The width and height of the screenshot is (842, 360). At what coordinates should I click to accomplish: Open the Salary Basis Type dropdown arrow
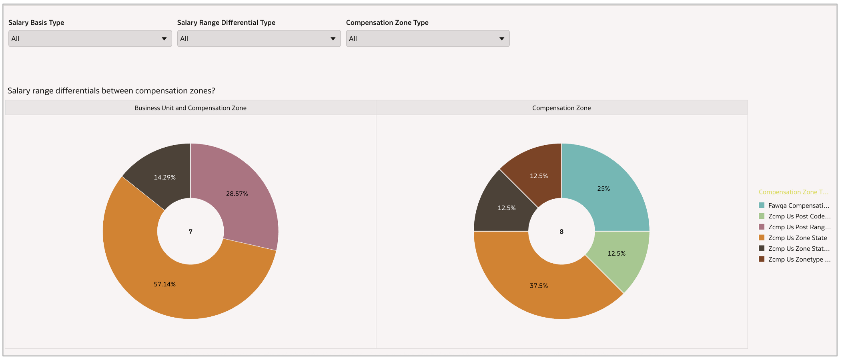[x=164, y=39]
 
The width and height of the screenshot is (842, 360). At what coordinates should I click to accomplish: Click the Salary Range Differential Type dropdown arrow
[x=333, y=39]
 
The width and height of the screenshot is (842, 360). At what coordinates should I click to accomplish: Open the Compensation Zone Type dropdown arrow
[x=502, y=39]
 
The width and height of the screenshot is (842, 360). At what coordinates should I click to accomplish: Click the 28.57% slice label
[x=237, y=194]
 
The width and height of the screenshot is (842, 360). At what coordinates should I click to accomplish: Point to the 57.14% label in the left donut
[x=164, y=284]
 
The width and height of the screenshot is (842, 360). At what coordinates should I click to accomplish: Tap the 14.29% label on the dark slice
[x=164, y=177]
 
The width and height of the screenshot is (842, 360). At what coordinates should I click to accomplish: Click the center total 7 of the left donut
[x=190, y=232]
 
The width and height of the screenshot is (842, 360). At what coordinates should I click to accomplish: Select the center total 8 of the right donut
[x=561, y=232]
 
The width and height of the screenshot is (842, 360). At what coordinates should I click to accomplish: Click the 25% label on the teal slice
[x=603, y=189]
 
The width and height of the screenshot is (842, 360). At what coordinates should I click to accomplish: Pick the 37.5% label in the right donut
[x=539, y=286]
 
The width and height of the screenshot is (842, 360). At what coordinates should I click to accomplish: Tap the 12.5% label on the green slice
[x=616, y=253]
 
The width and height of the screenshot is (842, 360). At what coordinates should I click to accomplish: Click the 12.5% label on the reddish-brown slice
[x=539, y=176]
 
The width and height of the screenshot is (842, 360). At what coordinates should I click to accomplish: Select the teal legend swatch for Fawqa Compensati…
[x=762, y=206]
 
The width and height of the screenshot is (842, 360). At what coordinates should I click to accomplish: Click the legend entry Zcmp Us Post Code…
[x=799, y=216]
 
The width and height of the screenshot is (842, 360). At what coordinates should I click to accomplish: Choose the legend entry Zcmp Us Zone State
[x=797, y=238]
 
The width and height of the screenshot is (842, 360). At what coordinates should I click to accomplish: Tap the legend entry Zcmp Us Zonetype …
[x=799, y=259]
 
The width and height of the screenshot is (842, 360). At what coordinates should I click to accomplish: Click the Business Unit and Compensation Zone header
[x=190, y=108]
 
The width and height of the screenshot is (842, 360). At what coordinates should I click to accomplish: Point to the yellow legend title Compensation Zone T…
[x=794, y=192]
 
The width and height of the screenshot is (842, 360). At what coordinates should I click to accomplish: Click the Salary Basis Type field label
[x=36, y=23]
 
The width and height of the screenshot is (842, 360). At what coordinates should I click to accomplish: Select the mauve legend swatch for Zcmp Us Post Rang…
[x=762, y=227]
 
